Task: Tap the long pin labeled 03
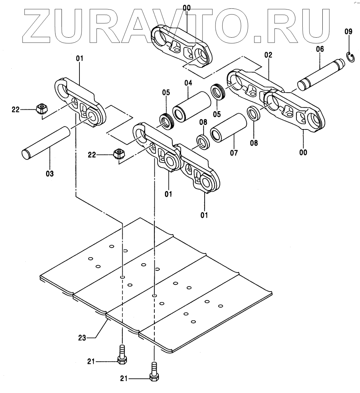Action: [x=47, y=141]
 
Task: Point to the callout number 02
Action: [x=268, y=55]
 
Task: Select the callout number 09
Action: [x=348, y=32]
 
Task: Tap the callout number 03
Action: [x=49, y=173]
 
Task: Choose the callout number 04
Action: [x=188, y=83]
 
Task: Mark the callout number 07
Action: [x=234, y=153]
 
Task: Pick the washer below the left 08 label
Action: [x=203, y=141]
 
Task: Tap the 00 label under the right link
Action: [x=303, y=152]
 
